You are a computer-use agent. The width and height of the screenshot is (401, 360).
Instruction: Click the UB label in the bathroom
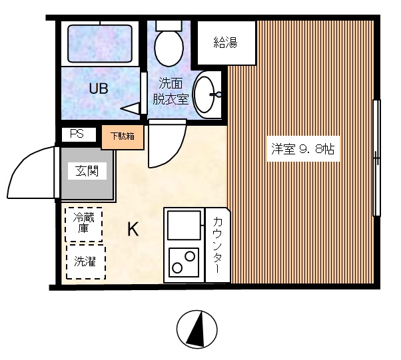coord(99,89)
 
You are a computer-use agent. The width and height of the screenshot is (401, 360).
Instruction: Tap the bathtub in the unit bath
coord(100,44)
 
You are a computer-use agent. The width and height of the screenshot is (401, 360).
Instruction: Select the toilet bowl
coord(169,49)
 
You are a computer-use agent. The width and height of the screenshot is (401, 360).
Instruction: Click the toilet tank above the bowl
coord(169,25)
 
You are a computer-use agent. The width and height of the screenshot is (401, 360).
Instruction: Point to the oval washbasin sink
coord(204,94)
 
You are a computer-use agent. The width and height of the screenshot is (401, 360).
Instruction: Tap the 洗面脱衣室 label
coord(171,91)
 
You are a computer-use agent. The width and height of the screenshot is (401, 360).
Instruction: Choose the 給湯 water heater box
coord(226,43)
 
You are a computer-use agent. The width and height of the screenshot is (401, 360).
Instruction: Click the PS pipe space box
coord(79,134)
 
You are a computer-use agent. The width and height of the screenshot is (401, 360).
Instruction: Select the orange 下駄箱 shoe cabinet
coord(123,137)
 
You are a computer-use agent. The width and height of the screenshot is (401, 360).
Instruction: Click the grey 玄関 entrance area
coord(87,174)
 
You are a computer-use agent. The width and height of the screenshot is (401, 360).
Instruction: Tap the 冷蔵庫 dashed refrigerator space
coord(84,224)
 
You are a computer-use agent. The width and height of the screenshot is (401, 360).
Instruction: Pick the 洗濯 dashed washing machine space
coord(86,262)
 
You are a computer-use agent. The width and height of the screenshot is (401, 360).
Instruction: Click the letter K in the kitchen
coord(133,229)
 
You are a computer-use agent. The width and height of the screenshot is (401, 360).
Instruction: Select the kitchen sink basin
coord(184,225)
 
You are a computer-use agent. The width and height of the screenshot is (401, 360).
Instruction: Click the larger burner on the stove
coord(190,256)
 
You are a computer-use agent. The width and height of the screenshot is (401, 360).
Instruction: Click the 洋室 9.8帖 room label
coord(303,149)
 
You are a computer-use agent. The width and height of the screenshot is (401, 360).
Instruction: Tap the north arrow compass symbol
coord(197,329)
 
